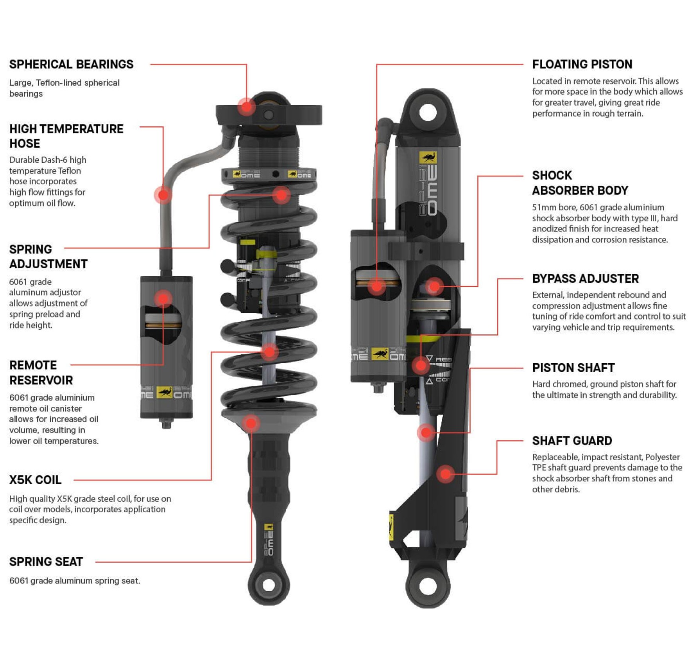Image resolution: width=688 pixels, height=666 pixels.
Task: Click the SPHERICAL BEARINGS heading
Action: point(71,64)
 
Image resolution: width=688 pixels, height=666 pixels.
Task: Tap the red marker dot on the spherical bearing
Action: point(247,107)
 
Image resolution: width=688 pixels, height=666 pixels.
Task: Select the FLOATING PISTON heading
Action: point(582,64)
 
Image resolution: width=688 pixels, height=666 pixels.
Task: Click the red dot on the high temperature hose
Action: point(163,195)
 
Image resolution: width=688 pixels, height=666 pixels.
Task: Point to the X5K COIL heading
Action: point(35,480)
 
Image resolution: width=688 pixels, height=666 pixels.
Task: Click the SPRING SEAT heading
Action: point(46,562)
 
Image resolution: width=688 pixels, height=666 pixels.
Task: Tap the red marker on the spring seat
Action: point(251,423)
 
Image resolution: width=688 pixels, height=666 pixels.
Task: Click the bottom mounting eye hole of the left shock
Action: point(269,585)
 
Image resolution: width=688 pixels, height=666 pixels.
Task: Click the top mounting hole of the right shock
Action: point(428,113)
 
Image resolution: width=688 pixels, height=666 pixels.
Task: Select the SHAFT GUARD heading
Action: point(572,441)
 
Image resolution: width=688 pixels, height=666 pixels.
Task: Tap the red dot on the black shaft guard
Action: point(445,474)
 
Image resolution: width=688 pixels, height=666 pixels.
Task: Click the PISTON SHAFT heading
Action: point(573,368)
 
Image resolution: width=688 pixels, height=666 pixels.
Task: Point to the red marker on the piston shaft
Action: point(426,433)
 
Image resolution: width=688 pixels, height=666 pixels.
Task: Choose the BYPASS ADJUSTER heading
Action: point(585,278)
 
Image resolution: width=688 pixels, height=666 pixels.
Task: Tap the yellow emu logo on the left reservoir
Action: point(165,392)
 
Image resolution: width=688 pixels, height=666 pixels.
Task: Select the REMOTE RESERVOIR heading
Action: point(41,372)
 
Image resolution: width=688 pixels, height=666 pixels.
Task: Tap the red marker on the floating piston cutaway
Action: point(376,286)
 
